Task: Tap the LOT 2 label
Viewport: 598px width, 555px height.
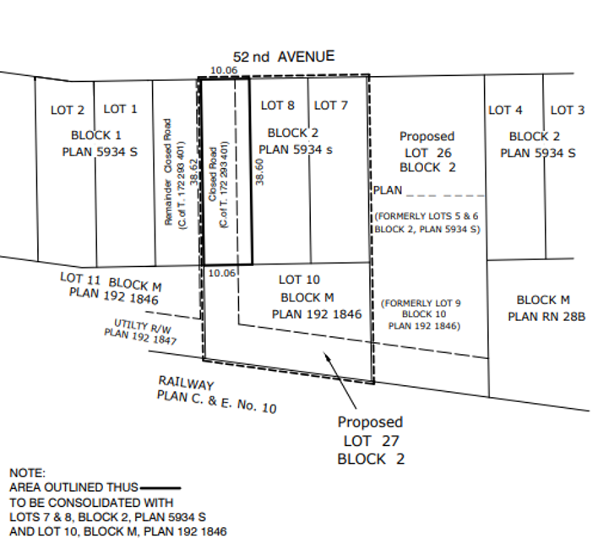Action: pos(68,110)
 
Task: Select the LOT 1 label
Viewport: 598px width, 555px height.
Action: pos(120,109)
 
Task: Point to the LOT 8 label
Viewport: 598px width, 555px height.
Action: pos(278,106)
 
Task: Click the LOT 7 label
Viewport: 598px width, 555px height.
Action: pos(331,106)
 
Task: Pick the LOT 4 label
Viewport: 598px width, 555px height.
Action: pos(506,110)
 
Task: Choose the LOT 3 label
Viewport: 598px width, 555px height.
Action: pos(568,110)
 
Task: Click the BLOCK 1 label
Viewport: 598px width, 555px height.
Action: pos(96,135)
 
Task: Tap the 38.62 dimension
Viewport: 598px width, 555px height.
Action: pos(193,172)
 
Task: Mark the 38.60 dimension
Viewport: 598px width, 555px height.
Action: pos(261,171)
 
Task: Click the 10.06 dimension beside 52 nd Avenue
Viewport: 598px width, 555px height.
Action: pos(223,69)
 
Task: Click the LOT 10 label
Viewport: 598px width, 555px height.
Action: pos(297,280)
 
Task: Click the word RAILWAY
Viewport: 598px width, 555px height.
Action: pos(185,384)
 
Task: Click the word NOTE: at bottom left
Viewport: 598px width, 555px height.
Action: pos(27,474)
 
